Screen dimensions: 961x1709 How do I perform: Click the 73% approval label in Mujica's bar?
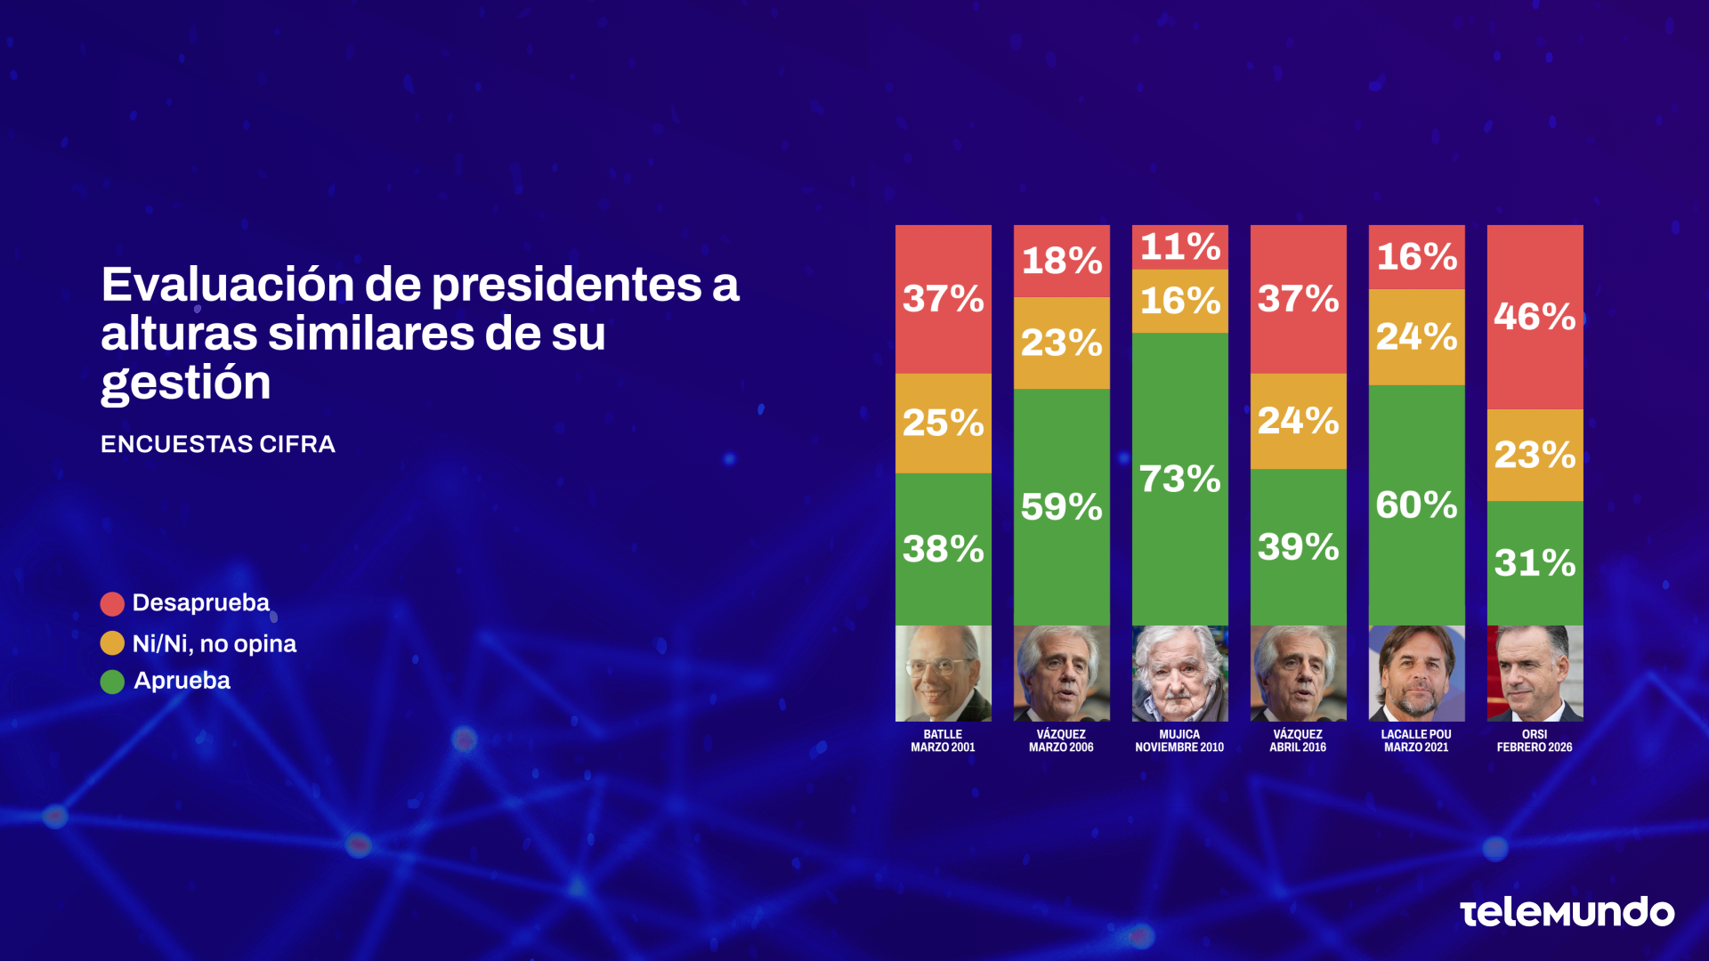click(1179, 479)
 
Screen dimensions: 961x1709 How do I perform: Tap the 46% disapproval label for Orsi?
click(1535, 317)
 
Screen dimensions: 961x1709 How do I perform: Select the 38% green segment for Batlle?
click(943, 549)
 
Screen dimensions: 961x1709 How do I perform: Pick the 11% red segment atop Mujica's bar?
click(1179, 246)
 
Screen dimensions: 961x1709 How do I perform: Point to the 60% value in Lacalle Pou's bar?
click(1416, 505)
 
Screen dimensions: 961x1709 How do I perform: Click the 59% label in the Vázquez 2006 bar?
click(1061, 507)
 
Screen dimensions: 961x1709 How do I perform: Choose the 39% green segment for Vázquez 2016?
click(1298, 547)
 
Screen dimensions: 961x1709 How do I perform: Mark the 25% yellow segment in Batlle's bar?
click(943, 423)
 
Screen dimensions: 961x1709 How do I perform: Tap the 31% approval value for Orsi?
click(1535, 562)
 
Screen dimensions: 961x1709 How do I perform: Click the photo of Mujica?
click(1179, 674)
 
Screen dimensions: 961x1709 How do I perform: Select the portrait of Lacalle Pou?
click(1416, 674)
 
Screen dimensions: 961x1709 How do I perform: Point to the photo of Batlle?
click(943, 674)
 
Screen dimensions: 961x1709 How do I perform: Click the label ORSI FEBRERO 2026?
click(1535, 741)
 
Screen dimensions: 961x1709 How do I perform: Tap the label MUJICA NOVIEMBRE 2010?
click(1179, 741)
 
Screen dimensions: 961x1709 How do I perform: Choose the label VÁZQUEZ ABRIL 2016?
click(1298, 741)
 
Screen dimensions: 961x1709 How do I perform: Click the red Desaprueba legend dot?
click(112, 604)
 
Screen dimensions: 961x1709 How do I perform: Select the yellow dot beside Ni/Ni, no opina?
click(112, 643)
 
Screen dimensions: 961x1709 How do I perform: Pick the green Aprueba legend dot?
click(112, 682)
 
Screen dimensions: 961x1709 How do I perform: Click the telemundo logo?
click(1567, 913)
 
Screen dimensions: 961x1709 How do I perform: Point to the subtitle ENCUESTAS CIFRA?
click(218, 444)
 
